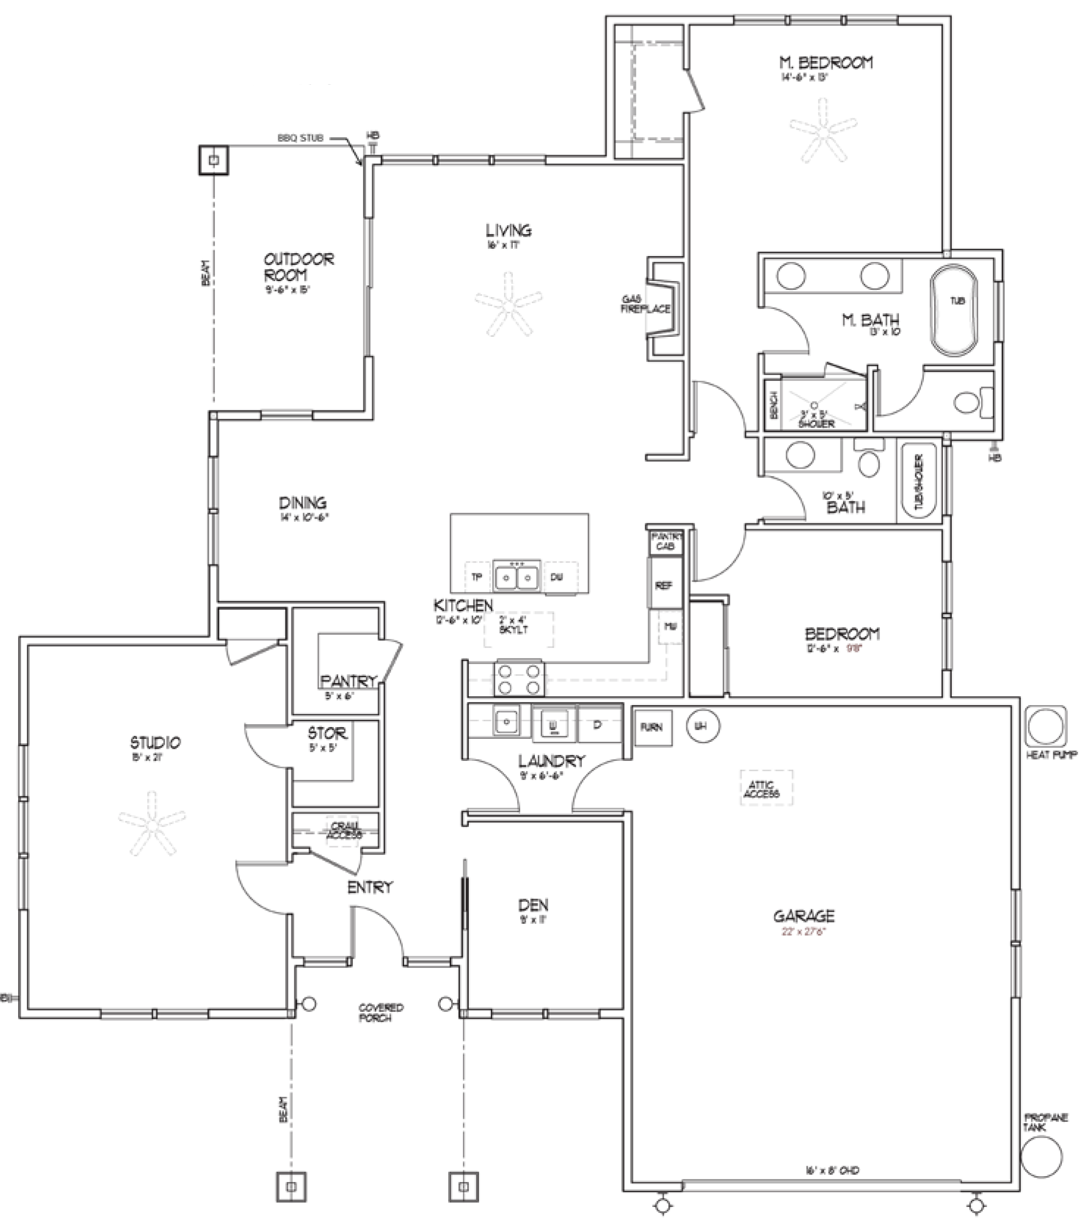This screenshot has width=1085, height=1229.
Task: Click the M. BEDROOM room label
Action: pyautogui.click(x=826, y=63)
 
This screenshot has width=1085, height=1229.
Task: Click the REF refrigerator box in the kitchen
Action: pyautogui.click(x=664, y=585)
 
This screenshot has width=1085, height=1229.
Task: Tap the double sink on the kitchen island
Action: pyautogui.click(x=516, y=577)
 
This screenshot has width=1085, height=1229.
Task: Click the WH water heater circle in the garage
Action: pyautogui.click(x=702, y=726)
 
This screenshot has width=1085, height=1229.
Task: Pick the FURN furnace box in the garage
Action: pyautogui.click(x=652, y=728)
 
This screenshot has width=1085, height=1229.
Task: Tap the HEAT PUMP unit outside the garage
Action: pyautogui.click(x=1046, y=727)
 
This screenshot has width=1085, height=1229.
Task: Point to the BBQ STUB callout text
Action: pyautogui.click(x=300, y=138)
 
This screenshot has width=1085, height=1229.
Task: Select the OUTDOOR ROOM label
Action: pyautogui.click(x=298, y=267)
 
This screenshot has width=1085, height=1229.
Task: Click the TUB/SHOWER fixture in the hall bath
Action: pyautogui.click(x=918, y=482)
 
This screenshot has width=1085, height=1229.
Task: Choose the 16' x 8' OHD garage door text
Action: pyautogui.click(x=832, y=1171)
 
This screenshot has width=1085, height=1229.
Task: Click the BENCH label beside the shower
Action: pyautogui.click(x=773, y=405)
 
